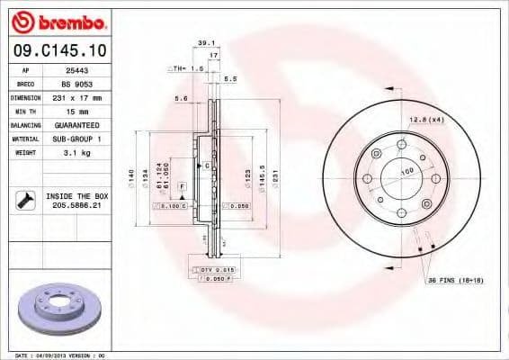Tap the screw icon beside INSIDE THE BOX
pyautogui.click(x=22, y=200)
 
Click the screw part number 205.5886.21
pyautogui.click(x=76, y=205)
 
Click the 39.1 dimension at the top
pyautogui.click(x=205, y=42)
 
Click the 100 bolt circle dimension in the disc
pyautogui.click(x=406, y=171)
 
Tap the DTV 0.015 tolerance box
pyautogui.click(x=214, y=269)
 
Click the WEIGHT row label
pyautogui.click(x=26, y=153)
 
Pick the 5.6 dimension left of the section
pyautogui.click(x=180, y=98)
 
